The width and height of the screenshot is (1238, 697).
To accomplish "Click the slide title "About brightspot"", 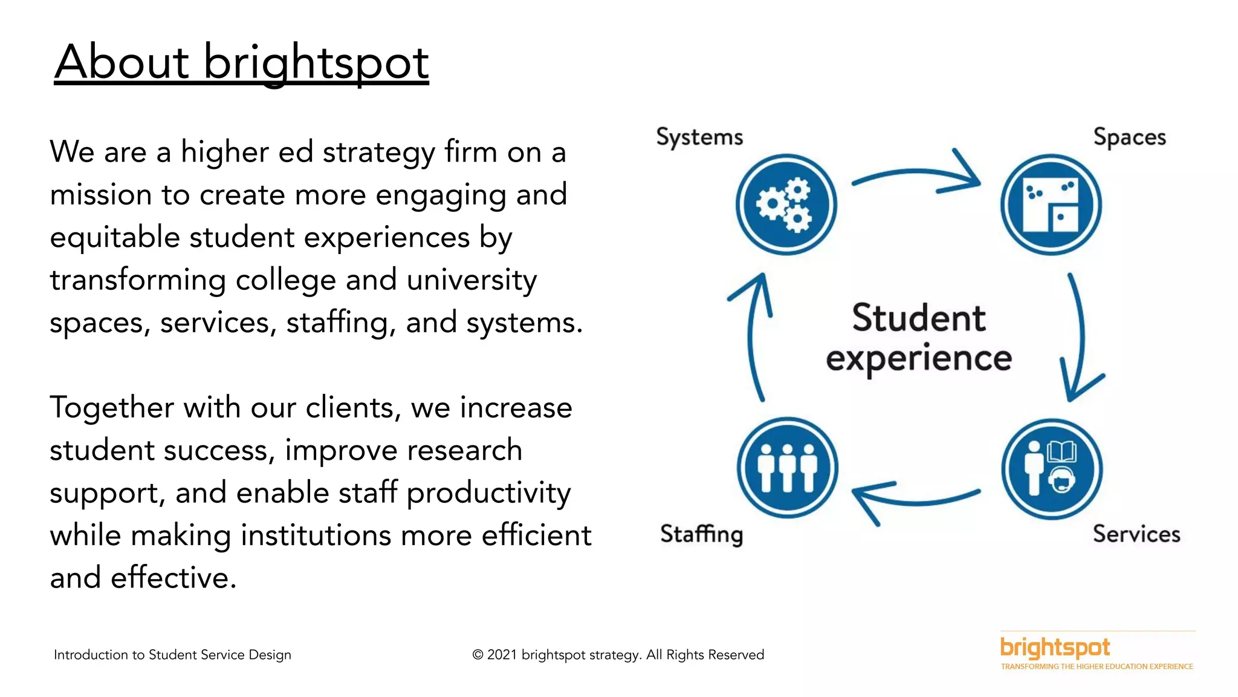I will [242, 62].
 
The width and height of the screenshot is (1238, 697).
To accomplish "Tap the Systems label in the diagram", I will [699, 138].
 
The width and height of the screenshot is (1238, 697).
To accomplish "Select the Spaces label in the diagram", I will [1129, 138].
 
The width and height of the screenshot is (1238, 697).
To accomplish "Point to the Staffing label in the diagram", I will [701, 534].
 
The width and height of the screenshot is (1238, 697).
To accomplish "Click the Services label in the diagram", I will [1136, 534].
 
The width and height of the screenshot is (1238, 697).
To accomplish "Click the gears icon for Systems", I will [786, 205].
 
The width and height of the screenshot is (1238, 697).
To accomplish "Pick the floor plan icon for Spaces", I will [1051, 205].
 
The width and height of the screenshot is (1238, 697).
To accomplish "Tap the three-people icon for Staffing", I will [788, 468].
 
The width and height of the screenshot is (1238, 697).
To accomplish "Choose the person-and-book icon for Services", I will [1052, 469].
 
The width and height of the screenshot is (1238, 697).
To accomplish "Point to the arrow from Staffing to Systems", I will [753, 339].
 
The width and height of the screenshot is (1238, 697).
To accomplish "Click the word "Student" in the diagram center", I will [919, 318].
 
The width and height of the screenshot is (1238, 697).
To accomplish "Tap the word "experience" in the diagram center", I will [919, 358].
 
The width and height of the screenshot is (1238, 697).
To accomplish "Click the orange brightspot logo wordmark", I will [1055, 647].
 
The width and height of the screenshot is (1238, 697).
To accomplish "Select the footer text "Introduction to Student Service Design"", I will [172, 655].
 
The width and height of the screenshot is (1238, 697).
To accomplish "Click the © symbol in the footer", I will [478, 655].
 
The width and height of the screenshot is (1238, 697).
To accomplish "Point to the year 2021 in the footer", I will [502, 655].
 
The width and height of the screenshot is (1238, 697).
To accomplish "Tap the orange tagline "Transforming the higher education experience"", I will [1097, 667].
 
